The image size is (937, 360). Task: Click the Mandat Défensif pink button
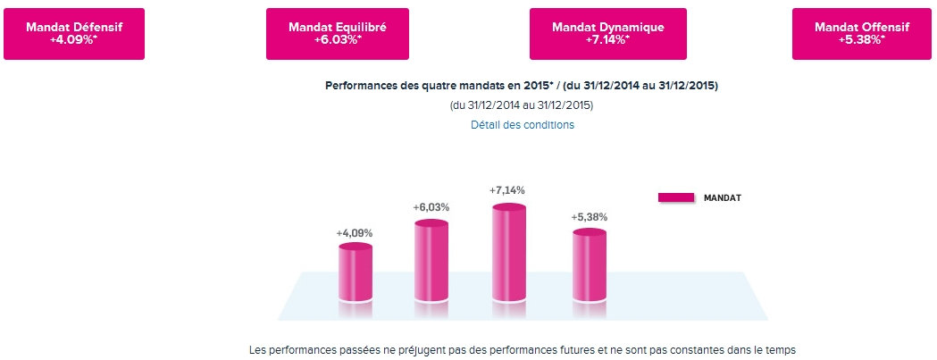[74, 34]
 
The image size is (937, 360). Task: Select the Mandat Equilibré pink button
[338, 34]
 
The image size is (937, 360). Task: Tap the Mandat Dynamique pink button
[608, 34]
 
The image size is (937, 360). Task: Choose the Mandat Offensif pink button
[863, 34]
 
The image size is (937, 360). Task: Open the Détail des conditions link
[523, 125]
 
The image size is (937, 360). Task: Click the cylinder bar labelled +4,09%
[355, 272]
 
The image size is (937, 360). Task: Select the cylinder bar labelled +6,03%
[431, 261]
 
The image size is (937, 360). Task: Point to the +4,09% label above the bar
[355, 233]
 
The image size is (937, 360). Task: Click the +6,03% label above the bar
[431, 207]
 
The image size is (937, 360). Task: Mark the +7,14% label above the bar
[507, 190]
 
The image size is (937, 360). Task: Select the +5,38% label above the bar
[589, 216]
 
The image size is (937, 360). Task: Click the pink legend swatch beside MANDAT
[676, 197]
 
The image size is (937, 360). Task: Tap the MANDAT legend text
[723, 197]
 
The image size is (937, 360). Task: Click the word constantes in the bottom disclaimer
[682, 349]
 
